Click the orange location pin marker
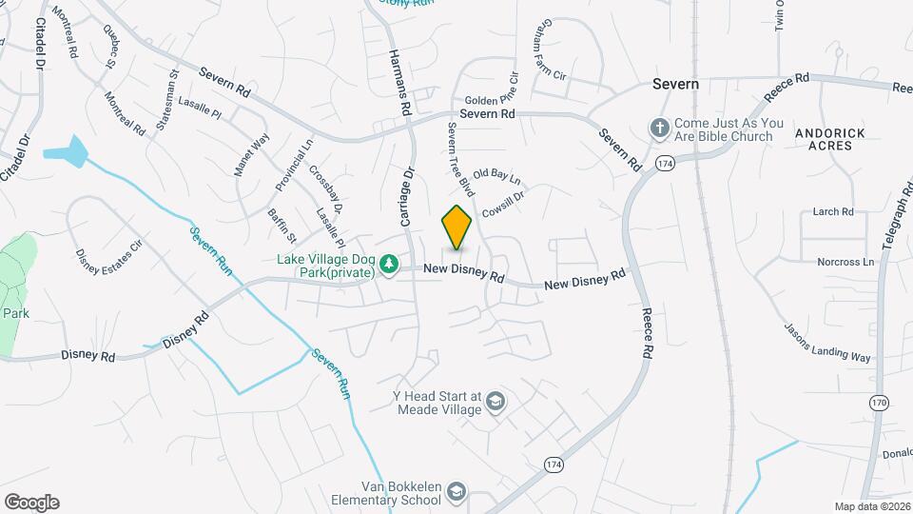[457, 227]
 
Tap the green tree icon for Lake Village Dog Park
[389, 264]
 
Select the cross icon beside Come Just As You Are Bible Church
[658, 128]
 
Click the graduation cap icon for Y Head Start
[495, 404]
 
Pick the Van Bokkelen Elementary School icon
[457, 491]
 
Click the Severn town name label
[675, 84]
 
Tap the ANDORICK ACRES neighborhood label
[830, 139]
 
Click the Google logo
[31, 502]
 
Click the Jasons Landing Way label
[827, 343]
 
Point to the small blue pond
[66, 149]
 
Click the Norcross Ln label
[845, 262]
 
